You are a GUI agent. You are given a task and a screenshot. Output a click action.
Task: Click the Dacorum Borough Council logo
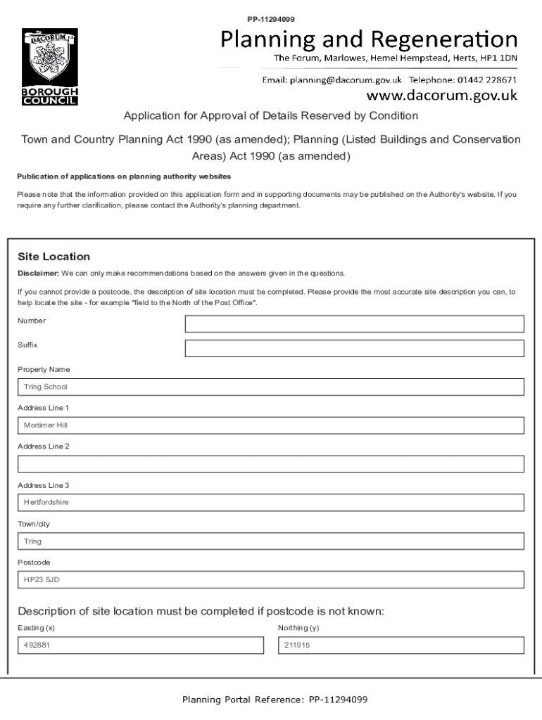pos(49,67)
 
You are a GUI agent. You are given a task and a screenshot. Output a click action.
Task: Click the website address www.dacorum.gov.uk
pos(443,95)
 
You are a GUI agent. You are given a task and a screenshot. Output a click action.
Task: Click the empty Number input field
pos(354,323)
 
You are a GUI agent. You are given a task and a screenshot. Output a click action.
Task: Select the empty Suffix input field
pos(354,349)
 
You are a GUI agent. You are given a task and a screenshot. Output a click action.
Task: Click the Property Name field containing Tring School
pos(271,387)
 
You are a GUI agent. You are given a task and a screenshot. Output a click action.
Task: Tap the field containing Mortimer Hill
pos(271,425)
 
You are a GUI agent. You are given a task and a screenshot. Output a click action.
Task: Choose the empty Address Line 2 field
pos(271,464)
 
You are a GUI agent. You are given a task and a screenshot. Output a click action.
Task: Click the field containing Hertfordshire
pos(271,503)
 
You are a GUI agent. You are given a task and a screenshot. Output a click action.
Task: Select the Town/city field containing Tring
pos(271,541)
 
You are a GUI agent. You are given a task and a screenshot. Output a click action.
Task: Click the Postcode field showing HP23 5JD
pos(271,580)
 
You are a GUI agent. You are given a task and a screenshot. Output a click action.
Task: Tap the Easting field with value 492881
pos(140,645)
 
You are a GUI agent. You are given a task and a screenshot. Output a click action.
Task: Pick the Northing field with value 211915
pos(401,645)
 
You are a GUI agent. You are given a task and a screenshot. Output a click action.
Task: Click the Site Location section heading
pos(53,257)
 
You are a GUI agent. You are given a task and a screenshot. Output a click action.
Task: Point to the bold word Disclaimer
pos(38,273)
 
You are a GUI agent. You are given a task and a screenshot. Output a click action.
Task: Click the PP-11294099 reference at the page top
pos(271,19)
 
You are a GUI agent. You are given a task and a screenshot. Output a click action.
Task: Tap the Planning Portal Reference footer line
pos(275,700)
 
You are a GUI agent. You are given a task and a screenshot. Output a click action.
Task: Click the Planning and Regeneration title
pos(369,39)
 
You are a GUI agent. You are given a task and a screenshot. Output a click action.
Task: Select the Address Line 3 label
pos(43,485)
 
